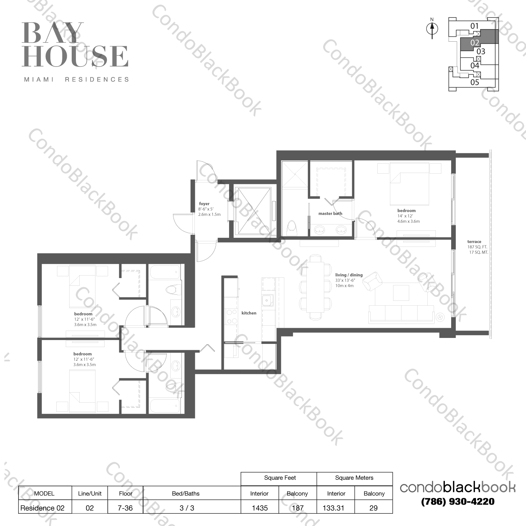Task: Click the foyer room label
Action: [x=204, y=203]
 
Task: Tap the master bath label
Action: [x=330, y=213]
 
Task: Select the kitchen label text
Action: [x=249, y=313]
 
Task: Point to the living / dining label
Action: [x=349, y=275]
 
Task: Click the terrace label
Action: [x=474, y=242]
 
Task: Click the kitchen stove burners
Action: [x=231, y=317]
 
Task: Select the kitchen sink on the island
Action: [x=268, y=300]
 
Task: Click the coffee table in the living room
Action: [x=401, y=293]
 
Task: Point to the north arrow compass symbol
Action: [x=432, y=28]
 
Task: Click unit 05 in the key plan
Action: [x=475, y=82]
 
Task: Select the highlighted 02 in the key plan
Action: [x=475, y=43]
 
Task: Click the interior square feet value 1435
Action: [x=260, y=508]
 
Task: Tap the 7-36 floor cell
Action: [x=125, y=508]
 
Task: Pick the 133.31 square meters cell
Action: [x=334, y=508]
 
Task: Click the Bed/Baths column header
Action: [x=186, y=493]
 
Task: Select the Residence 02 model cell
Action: [x=42, y=508]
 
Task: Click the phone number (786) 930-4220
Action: [x=458, y=501]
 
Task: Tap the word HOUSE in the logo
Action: [x=75, y=56]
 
